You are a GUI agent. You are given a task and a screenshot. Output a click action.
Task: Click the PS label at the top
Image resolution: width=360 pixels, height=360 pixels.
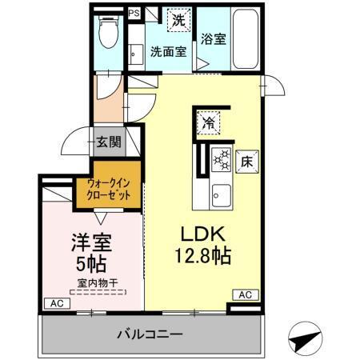tap(134, 13)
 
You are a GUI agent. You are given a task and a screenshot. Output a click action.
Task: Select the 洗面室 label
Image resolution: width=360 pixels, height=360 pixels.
tap(169, 52)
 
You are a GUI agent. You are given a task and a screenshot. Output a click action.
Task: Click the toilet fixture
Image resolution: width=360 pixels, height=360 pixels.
tap(106, 34)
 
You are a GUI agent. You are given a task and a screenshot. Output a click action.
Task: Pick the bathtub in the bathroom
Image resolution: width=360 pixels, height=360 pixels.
tap(243, 40)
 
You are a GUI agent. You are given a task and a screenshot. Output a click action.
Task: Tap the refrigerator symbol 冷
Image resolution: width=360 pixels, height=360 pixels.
tap(208, 122)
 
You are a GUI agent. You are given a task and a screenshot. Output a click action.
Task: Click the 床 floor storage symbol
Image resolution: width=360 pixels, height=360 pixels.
tap(247, 160)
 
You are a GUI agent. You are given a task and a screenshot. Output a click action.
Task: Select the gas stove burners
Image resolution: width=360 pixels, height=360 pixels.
tap(221, 160)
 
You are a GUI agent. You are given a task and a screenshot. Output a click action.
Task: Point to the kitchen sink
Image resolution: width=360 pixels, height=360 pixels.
tap(221, 194)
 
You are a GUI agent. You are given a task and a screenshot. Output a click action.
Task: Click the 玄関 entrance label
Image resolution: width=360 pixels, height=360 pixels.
tap(109, 143)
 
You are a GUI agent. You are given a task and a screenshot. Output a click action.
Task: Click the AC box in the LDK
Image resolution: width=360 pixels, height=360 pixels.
tap(246, 294)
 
